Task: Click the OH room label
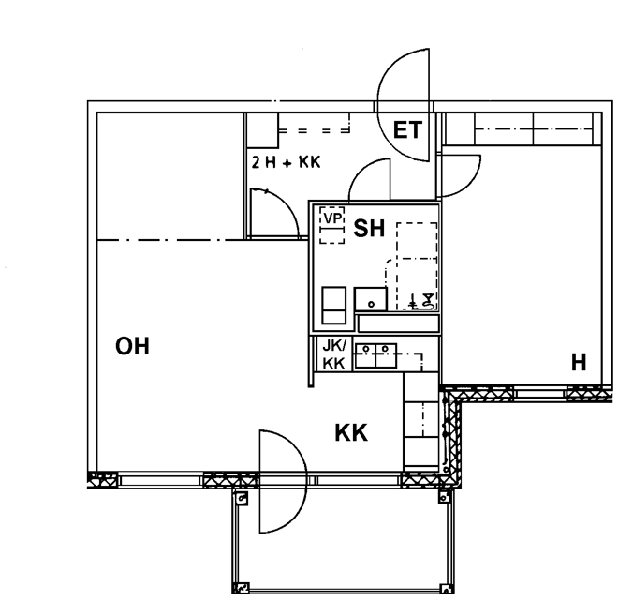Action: [x=132, y=347]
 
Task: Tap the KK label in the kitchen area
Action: [x=351, y=433]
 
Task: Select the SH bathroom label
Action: [x=369, y=229]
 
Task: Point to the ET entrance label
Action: [x=407, y=130]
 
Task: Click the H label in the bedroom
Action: [x=579, y=362]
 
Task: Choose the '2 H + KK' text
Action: [x=286, y=162]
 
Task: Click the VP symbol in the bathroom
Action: [x=332, y=225]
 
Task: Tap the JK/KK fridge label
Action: [x=334, y=355]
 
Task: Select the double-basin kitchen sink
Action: [x=375, y=355]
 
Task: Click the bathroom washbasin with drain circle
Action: [x=371, y=299]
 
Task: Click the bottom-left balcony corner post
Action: [x=241, y=587]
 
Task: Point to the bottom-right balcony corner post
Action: [x=446, y=588]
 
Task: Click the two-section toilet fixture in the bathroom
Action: [x=334, y=306]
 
